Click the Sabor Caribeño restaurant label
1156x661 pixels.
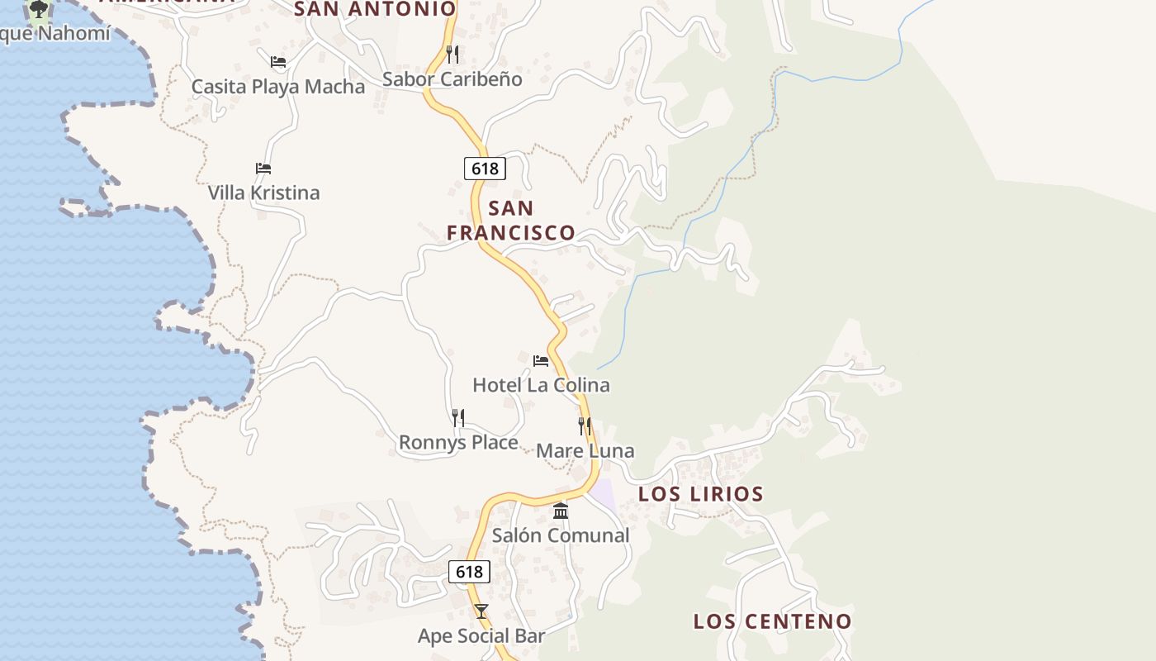point(452,79)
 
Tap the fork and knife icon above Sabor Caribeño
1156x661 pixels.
point(452,55)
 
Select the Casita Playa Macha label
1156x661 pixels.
point(277,87)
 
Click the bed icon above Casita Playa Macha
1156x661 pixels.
point(278,62)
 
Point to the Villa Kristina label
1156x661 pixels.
point(263,193)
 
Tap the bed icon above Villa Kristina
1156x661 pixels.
point(263,169)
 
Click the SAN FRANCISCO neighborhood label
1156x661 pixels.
point(511,220)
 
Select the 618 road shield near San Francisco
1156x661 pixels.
point(485,169)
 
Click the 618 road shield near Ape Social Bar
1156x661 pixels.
point(469,572)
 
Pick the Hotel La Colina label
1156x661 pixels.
point(541,385)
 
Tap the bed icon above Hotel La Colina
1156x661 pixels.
point(541,361)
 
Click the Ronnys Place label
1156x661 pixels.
point(458,443)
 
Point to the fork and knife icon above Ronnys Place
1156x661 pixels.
point(458,418)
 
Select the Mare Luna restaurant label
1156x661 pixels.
point(585,451)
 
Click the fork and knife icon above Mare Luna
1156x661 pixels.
point(585,426)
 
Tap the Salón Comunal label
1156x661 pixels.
point(561,535)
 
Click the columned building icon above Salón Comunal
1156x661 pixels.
point(561,511)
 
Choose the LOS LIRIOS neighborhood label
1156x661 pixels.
point(701,494)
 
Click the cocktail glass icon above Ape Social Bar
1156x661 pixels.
point(481,611)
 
